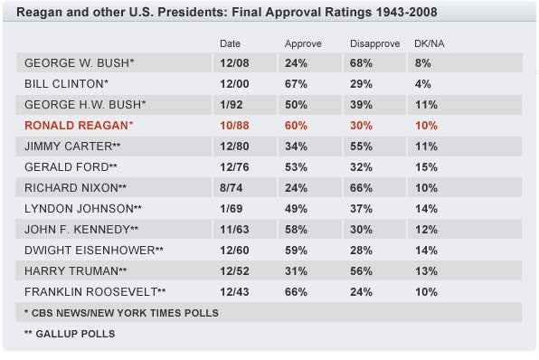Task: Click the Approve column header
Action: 303,43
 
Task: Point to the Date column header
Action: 231,43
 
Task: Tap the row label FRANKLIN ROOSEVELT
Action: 95,291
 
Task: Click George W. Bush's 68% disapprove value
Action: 362,62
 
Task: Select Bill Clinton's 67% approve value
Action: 297,83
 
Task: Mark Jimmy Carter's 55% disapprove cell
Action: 362,146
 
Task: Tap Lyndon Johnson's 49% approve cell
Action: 297,208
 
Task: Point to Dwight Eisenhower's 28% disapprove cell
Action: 362,250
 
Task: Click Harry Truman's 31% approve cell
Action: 297,270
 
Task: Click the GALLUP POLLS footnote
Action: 71,333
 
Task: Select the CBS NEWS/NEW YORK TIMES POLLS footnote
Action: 121,312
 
